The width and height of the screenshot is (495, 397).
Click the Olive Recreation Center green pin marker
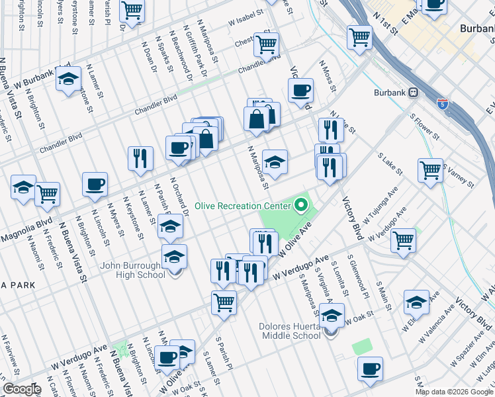pyautogui.click(x=302, y=205)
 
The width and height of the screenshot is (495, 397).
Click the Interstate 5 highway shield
pyautogui.click(x=443, y=104)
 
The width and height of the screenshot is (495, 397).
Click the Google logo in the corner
pyautogui.click(x=21, y=389)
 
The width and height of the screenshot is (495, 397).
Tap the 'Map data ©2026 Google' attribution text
pyautogui.click(x=454, y=392)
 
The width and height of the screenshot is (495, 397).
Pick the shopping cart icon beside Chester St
pyautogui.click(x=266, y=44)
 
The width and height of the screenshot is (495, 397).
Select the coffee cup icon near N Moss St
pyautogui.click(x=300, y=89)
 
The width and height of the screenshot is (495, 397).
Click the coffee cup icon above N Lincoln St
pyautogui.click(x=95, y=183)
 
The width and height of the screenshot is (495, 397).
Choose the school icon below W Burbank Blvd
pyautogui.click(x=68, y=79)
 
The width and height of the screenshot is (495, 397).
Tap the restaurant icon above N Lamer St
pyautogui.click(x=140, y=158)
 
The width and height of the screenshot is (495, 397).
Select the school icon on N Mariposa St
pyautogui.click(x=275, y=161)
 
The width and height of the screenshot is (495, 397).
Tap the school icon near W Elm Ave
pyautogui.click(x=416, y=302)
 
